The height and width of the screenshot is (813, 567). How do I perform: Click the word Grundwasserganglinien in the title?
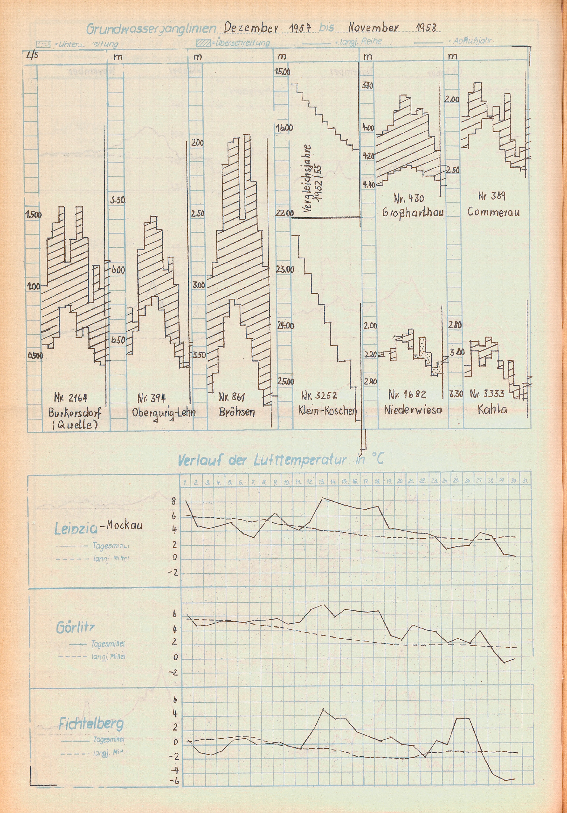(151, 29)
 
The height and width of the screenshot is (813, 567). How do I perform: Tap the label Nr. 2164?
(71, 398)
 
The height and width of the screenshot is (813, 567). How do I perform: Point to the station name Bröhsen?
(237, 412)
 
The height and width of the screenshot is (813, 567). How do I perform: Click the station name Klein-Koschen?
(327, 410)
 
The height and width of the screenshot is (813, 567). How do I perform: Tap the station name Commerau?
(493, 212)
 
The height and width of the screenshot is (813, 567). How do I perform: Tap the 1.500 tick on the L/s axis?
(33, 214)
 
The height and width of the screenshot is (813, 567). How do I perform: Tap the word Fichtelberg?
(91, 723)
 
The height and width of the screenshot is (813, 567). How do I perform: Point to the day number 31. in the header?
(525, 481)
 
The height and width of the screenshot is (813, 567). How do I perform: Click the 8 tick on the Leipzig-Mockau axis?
(174, 502)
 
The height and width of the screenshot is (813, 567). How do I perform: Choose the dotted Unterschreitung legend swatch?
(43, 44)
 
